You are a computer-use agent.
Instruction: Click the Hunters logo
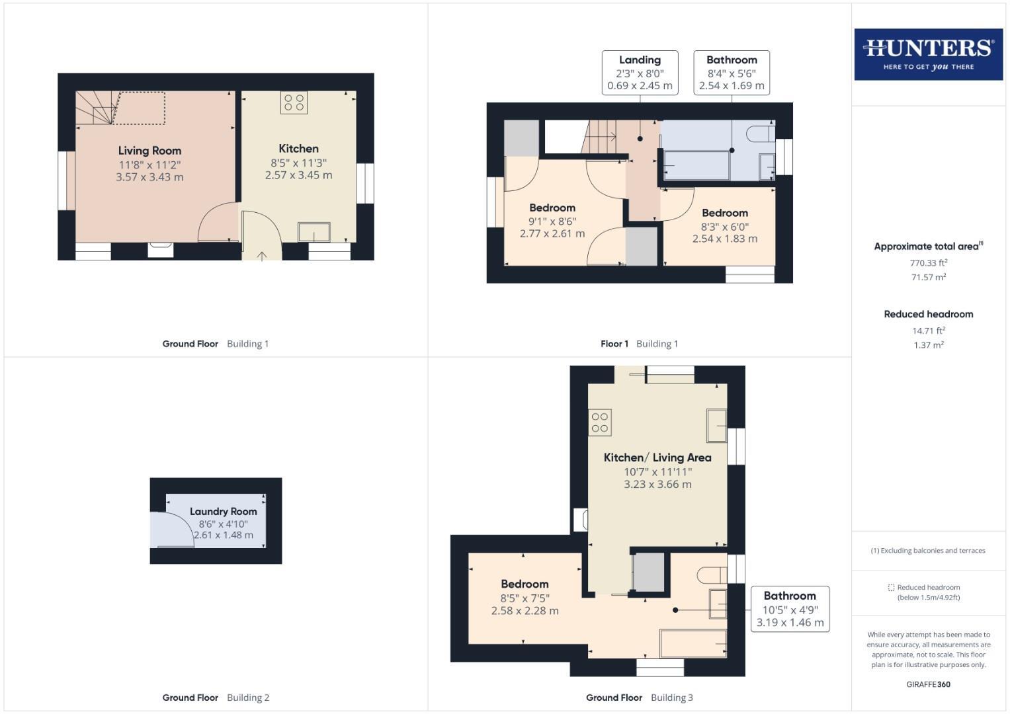pos(928,54)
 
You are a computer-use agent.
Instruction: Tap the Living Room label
pos(149,151)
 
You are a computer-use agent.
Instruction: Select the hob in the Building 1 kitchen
pos(294,102)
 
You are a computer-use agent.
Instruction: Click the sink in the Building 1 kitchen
pos(314,232)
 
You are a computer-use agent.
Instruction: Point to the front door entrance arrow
pos(262,256)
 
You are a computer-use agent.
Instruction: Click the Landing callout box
pos(640,73)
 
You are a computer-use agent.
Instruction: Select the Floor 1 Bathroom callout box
pos(732,73)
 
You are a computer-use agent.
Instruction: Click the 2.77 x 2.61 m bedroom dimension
pos(552,233)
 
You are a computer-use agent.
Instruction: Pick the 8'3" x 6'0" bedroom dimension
pos(725,226)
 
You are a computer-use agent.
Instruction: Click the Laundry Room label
pos(223,511)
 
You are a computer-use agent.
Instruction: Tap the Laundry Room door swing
pos(171,530)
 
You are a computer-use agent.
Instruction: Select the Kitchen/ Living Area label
pos(657,457)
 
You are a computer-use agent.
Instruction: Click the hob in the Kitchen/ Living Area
pos(600,423)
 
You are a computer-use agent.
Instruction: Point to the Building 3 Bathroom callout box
pos(790,609)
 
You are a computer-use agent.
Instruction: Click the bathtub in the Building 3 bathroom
pos(693,643)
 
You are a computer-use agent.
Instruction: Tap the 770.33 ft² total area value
pos(929,262)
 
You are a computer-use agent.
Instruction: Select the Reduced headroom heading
pos(929,314)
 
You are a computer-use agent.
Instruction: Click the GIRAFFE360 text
pos(928,684)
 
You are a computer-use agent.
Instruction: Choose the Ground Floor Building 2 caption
pos(216,697)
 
